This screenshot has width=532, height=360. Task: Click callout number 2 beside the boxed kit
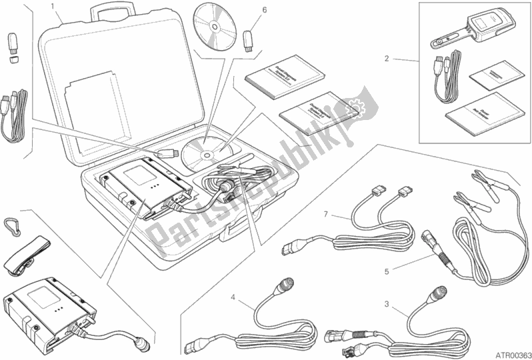[387, 59]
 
